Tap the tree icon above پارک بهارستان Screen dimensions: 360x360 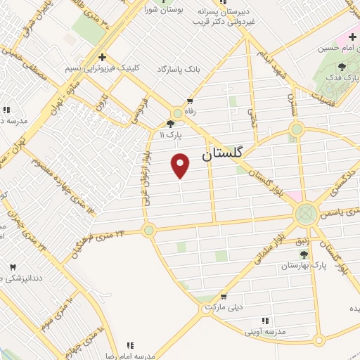click(304, 254)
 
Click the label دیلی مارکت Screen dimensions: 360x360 click(226, 307)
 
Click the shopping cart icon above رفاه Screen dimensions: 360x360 click(189, 101)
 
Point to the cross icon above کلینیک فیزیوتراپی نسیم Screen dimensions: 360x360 click(103, 57)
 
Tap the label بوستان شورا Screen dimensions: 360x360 click(164, 11)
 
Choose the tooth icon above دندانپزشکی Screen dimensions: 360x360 click(13, 266)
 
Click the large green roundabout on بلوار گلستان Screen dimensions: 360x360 click(305, 212)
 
